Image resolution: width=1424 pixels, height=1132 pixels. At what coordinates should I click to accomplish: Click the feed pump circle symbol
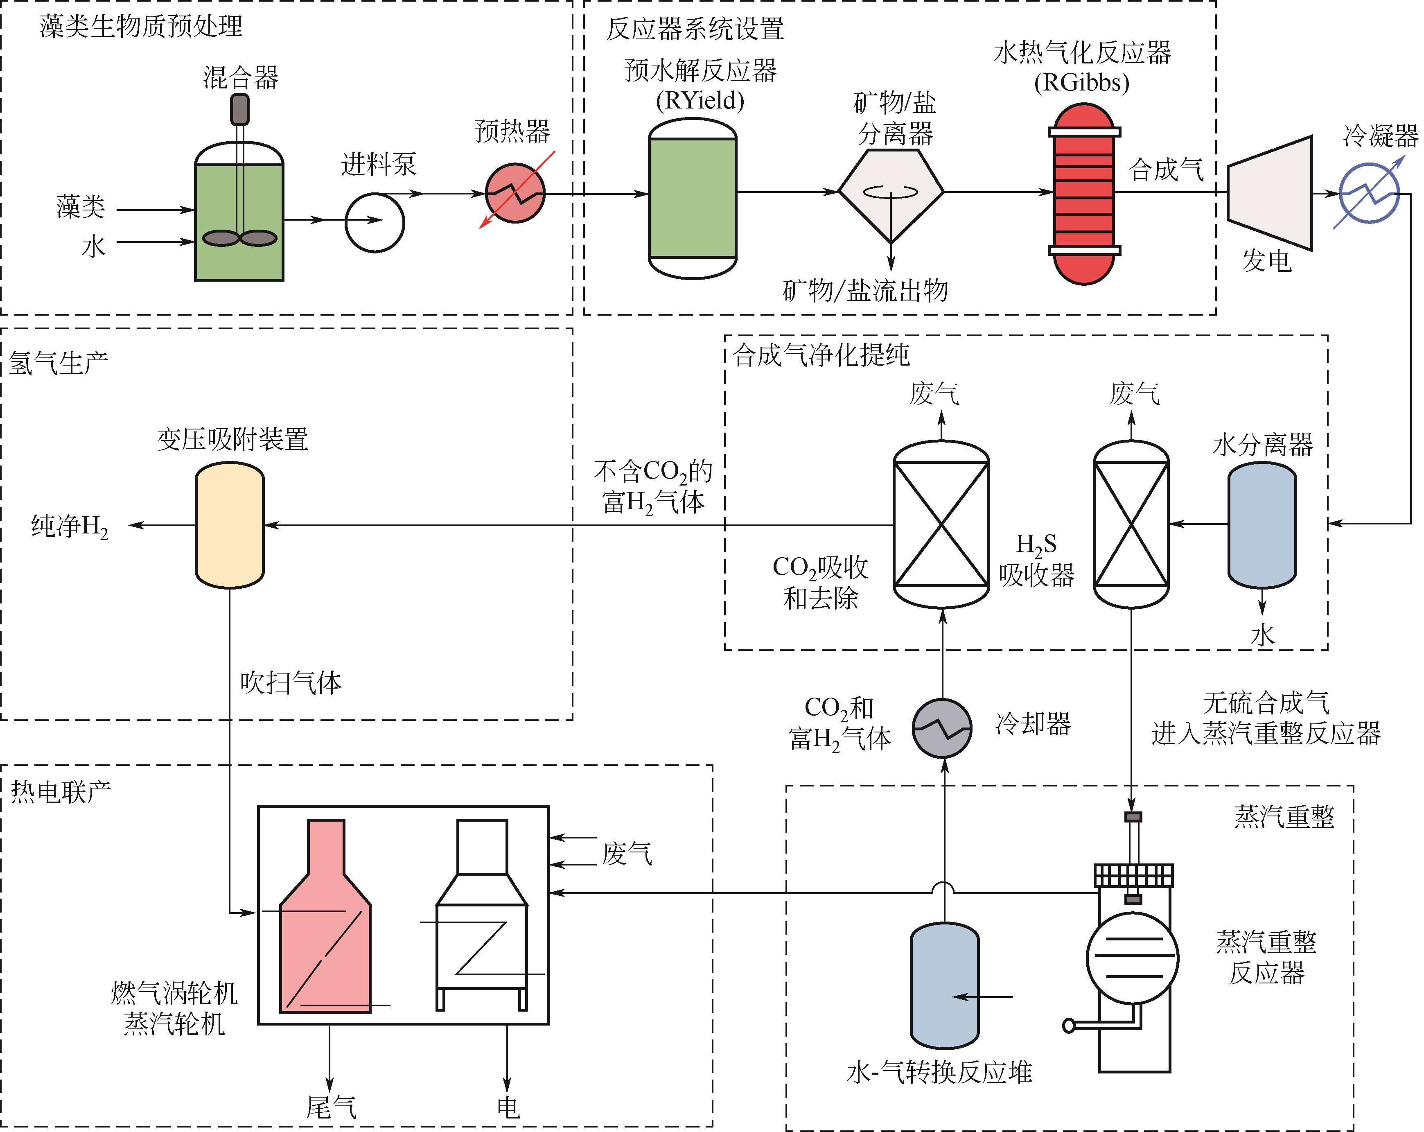(375, 223)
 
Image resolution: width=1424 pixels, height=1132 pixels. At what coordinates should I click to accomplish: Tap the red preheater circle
(515, 194)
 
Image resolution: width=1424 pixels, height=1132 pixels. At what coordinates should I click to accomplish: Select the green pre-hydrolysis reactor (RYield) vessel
(692, 198)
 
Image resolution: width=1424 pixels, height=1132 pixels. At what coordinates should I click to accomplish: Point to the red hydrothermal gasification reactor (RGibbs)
(1084, 194)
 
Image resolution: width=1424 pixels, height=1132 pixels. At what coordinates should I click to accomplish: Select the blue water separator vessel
(1262, 525)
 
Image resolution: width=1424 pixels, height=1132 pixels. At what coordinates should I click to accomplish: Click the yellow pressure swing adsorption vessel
(230, 525)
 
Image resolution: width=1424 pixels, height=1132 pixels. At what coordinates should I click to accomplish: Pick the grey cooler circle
(942, 728)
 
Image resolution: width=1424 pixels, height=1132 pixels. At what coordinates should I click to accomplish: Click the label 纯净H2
(69, 527)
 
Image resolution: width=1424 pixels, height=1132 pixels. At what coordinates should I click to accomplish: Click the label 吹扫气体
(291, 682)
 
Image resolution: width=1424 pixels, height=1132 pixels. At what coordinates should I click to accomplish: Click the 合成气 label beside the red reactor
(1167, 170)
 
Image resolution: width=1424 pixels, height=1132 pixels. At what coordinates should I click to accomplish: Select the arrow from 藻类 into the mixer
(155, 210)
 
